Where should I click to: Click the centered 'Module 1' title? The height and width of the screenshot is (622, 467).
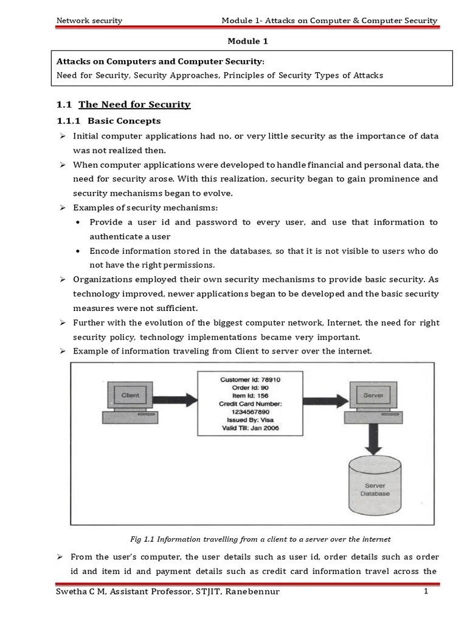[x=247, y=41]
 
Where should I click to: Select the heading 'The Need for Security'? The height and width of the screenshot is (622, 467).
[x=134, y=104]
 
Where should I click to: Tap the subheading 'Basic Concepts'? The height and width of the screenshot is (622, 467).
[x=125, y=121]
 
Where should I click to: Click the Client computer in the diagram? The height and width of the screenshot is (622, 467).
[x=128, y=403]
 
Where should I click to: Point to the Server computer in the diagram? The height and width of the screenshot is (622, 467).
[x=372, y=403]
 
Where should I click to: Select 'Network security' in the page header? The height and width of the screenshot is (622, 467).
[x=89, y=21]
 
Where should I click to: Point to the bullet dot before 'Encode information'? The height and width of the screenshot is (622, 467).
[x=79, y=251]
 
